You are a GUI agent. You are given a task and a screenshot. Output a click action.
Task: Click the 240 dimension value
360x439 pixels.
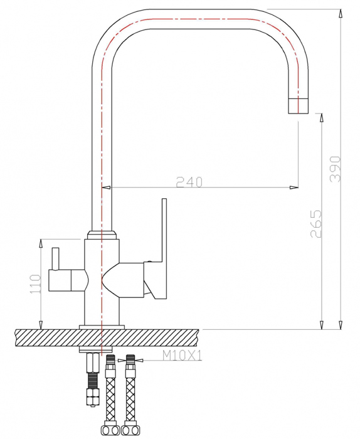point(189,182)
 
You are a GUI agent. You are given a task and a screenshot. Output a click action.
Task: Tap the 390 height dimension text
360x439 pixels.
point(336,169)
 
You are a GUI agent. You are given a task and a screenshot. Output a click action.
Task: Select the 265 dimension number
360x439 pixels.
point(316,223)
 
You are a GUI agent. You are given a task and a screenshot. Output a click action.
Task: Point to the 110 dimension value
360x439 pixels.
point(36,284)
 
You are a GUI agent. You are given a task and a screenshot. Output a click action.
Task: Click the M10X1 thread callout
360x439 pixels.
point(183,356)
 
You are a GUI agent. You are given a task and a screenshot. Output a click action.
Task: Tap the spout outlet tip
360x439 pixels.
point(298,106)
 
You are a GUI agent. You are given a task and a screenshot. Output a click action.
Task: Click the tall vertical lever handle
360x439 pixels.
point(164,230)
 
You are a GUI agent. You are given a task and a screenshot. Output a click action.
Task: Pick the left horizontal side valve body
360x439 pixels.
point(66,280)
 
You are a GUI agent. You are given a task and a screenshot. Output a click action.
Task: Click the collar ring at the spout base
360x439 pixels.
point(102,235)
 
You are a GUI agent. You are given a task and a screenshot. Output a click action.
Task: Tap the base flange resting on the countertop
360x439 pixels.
point(102,327)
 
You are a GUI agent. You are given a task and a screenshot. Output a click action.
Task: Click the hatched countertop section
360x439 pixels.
point(107,337)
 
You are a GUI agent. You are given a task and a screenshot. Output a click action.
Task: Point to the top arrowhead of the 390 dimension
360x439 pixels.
point(341,14)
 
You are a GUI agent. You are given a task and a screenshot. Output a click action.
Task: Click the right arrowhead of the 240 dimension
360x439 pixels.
point(294,188)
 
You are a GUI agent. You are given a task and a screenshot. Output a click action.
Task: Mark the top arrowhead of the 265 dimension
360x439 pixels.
point(321,118)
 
